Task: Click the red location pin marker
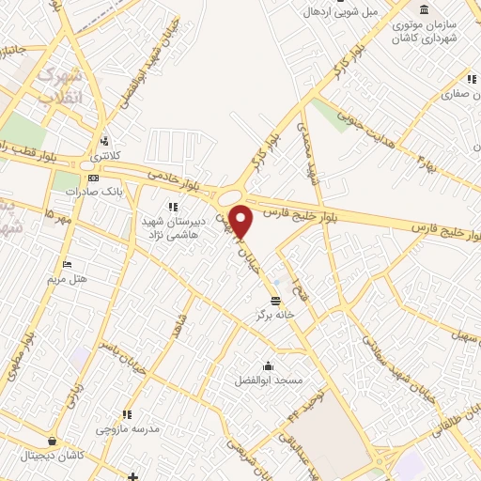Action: pos(242,221)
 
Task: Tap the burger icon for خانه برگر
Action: pos(274,301)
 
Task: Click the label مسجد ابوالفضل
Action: pos(268,381)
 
